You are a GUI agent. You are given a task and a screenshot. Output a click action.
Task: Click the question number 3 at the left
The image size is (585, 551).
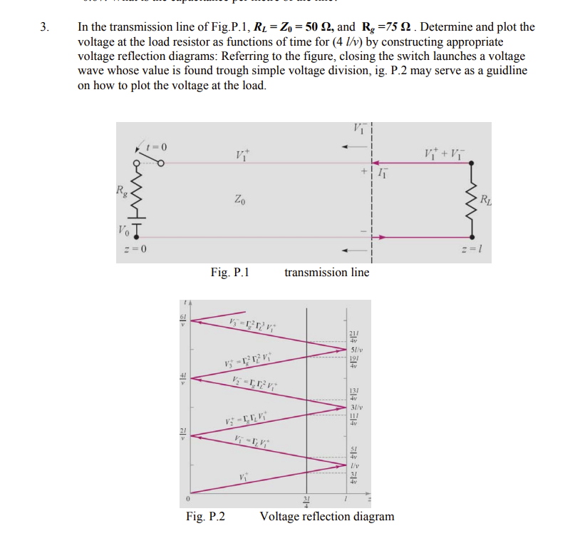pos(45,28)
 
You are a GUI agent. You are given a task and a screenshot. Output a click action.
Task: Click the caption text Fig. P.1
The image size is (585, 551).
pos(229,272)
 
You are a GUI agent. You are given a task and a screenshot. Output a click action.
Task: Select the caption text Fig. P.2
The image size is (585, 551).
pos(205,516)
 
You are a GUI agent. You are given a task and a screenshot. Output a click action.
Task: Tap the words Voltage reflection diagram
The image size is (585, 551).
pos(326,516)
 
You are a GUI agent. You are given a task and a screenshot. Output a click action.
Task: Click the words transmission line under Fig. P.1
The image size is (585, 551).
pos(326,272)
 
